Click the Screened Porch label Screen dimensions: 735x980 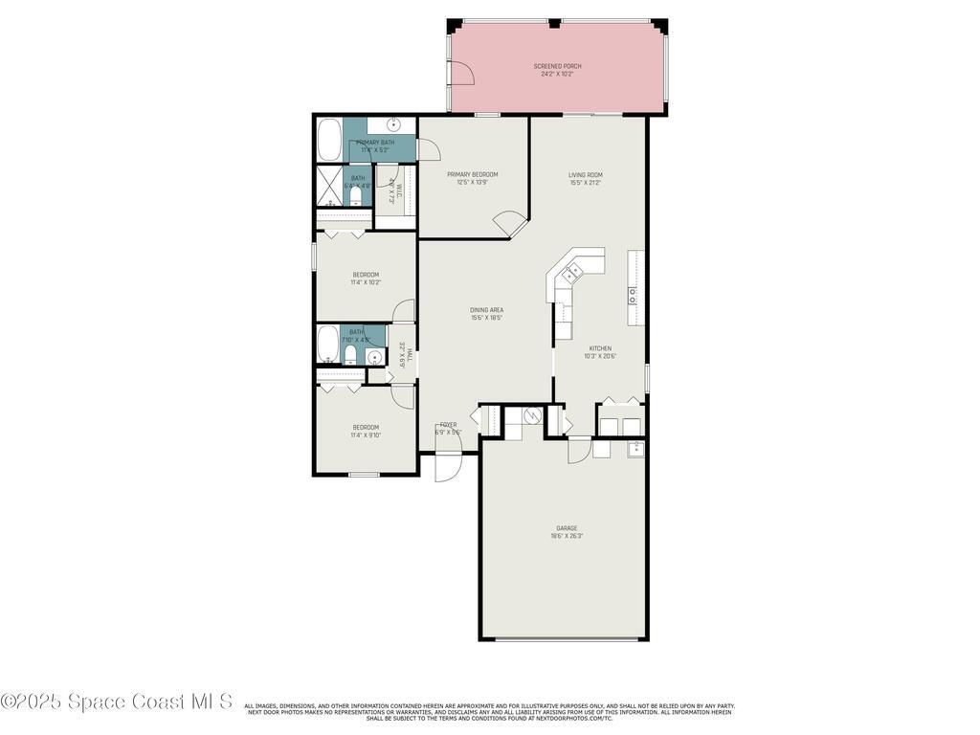pos(558,66)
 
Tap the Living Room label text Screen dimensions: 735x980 pos(585,175)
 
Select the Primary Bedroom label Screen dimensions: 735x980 pos(472,175)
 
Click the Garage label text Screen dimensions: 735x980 pos(567,528)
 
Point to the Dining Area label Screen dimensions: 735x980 pos(486,310)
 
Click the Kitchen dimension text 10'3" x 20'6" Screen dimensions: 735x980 pos(600,356)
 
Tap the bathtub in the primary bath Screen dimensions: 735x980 pos(329,140)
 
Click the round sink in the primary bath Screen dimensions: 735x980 pos(393,125)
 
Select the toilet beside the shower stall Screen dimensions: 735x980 pos(355,197)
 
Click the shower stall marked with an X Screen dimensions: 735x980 pos(329,186)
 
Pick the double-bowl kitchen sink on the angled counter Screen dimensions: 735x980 pos(571,276)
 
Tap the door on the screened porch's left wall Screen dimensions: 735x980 pos(462,73)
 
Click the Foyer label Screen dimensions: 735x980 pos(448,425)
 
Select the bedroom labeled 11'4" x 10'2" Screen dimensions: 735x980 pos(365,278)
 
